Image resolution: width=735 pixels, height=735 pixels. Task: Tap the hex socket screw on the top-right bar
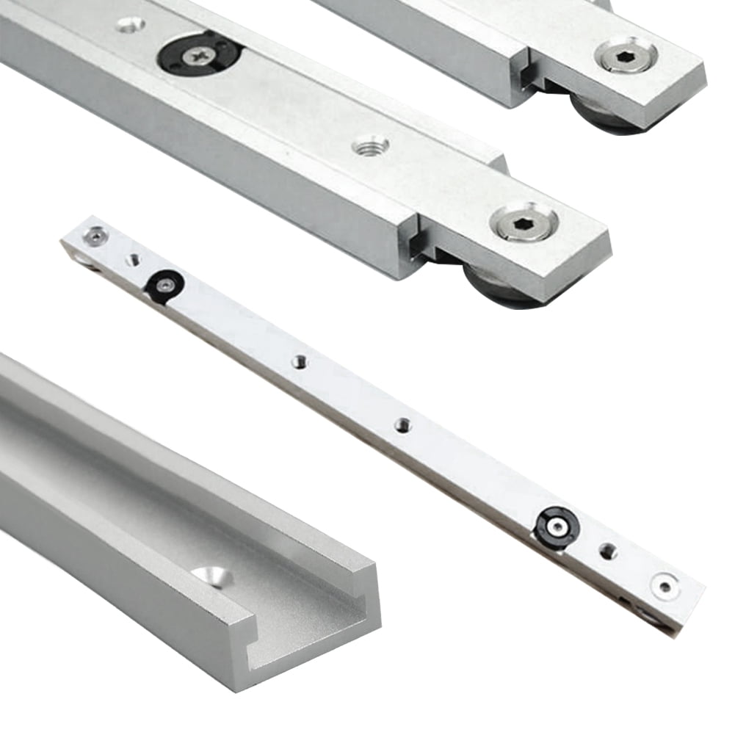626,55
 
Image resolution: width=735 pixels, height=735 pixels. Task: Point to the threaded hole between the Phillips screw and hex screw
371,147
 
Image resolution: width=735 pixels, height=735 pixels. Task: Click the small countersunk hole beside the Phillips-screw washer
130,26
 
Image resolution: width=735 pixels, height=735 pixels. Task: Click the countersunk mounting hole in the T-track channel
214,577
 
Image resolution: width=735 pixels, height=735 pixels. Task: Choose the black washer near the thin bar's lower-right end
557,524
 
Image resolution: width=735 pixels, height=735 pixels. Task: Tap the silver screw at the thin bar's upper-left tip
95,235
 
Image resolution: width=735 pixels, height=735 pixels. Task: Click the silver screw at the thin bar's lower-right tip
665,585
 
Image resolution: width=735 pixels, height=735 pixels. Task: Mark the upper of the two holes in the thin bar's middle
299,361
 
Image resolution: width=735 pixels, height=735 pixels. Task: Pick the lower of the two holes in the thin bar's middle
402,424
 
